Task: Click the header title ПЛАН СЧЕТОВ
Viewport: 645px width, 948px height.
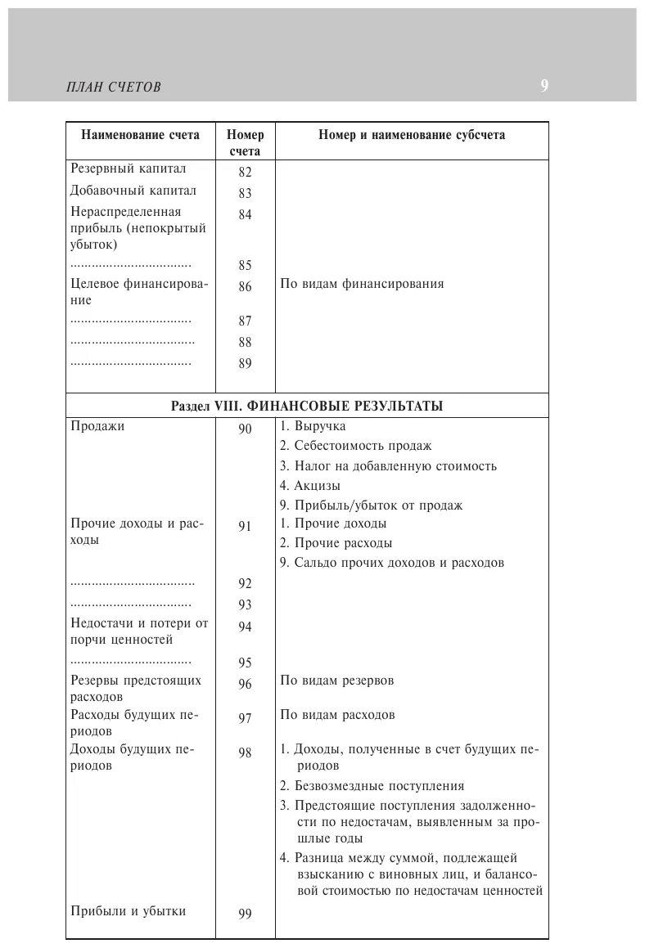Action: coord(114,88)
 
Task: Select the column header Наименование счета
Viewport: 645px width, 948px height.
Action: coord(140,136)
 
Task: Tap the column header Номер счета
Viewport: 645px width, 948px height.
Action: coord(245,143)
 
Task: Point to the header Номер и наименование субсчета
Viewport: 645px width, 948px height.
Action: coord(412,136)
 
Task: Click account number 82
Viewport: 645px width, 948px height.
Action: coord(246,173)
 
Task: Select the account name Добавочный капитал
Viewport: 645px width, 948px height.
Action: coord(133,191)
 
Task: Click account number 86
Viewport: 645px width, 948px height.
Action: coord(246,287)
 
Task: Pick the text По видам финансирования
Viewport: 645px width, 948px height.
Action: coord(362,284)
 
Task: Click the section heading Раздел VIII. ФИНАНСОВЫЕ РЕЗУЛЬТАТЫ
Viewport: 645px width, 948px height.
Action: coord(307,406)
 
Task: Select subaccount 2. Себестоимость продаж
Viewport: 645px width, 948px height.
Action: coord(355,446)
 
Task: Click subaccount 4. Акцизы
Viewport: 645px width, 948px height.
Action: coord(310,486)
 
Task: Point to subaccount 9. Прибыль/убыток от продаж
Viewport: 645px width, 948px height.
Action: coord(371,505)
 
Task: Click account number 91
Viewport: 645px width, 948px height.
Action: coord(246,527)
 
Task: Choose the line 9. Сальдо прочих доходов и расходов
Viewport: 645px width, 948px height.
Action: coord(391,563)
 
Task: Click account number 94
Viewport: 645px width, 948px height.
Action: coord(246,627)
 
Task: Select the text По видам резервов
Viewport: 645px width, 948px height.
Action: coord(337,681)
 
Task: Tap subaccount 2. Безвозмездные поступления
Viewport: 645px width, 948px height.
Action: coord(372,786)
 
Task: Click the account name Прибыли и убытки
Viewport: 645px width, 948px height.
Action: coord(129,910)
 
